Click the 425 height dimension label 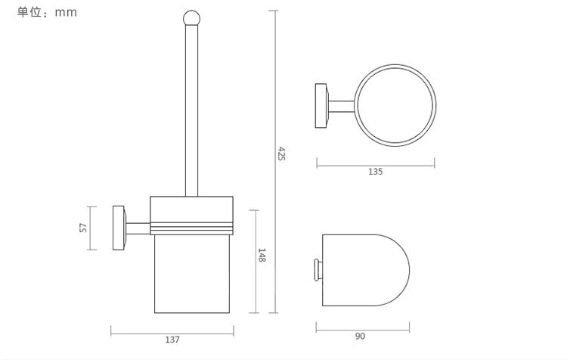point(281,154)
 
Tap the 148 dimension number point(262,255)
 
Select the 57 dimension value point(83,228)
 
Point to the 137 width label point(172,340)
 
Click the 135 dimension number point(375,172)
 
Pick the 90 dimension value point(360,336)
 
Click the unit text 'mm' point(66,13)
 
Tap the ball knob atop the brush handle point(192,18)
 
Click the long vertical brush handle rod point(192,111)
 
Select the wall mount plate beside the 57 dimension point(119,228)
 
